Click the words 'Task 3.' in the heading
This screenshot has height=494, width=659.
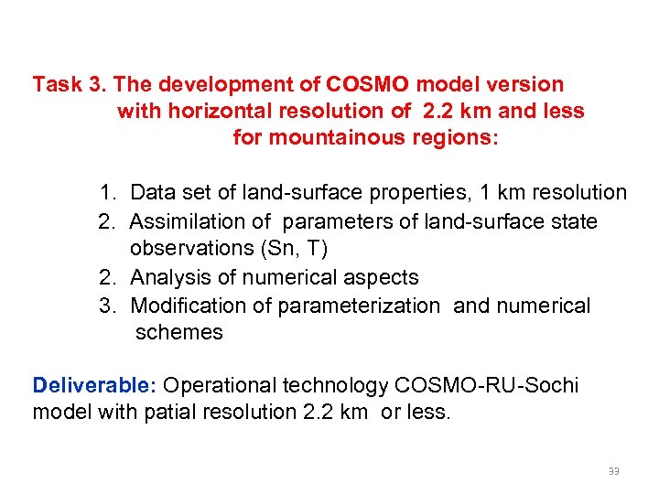70,85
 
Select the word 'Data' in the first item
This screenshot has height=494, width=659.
153,193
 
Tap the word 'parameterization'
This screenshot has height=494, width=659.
359,306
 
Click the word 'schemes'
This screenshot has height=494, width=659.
178,332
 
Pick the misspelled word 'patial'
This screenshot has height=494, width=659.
172,412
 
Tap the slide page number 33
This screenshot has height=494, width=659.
613,472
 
